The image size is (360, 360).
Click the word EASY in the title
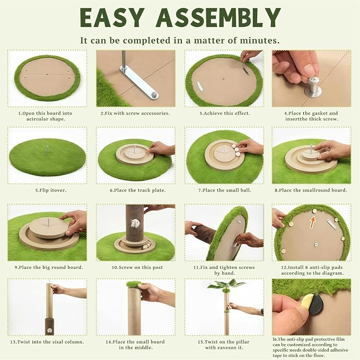pyautogui.click(x=112, y=17)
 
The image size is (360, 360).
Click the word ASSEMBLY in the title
pyautogui.click(x=218, y=17)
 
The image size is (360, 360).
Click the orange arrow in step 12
pyautogui.click(x=312, y=223)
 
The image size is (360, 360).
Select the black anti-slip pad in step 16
pyautogui.click(x=315, y=305)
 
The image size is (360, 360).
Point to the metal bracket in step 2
pyautogui.click(x=138, y=83)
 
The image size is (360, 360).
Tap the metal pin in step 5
pyautogui.click(x=47, y=150)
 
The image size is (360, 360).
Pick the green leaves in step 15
pyautogui.click(x=225, y=285)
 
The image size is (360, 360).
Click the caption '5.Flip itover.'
pyautogui.click(x=51, y=190)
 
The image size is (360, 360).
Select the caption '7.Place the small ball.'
pyautogui.click(x=225, y=190)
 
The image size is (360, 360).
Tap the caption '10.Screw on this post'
pyautogui.click(x=137, y=267)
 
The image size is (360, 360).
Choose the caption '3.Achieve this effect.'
pyautogui.click(x=225, y=113)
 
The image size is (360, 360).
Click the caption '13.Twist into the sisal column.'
pyautogui.click(x=47, y=342)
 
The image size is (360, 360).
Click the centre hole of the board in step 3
pyautogui.click(x=224, y=78)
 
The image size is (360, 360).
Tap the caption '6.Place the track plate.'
pyautogui.click(x=138, y=190)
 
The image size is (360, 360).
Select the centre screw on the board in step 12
pyautogui.click(x=316, y=244)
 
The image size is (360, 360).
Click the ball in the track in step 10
pyautogui.click(x=145, y=247)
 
